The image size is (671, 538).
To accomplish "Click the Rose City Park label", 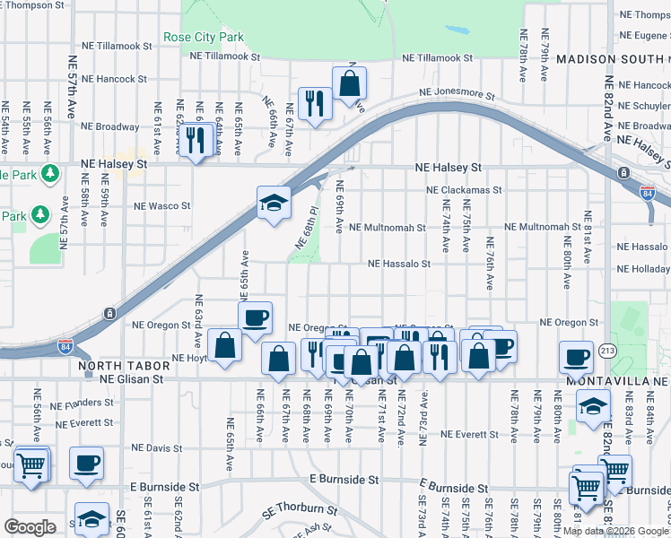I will [x=204, y=38].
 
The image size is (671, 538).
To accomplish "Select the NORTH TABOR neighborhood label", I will [x=111, y=366].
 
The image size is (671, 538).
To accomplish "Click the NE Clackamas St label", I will [x=464, y=191].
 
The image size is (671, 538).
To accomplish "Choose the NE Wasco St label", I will [x=162, y=205].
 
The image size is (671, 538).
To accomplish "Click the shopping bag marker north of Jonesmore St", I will [x=349, y=83].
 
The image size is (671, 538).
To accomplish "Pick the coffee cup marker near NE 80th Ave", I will [x=576, y=357].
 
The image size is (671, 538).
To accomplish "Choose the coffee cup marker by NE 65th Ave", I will [x=255, y=317].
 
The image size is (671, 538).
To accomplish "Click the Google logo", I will [x=30, y=527].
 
